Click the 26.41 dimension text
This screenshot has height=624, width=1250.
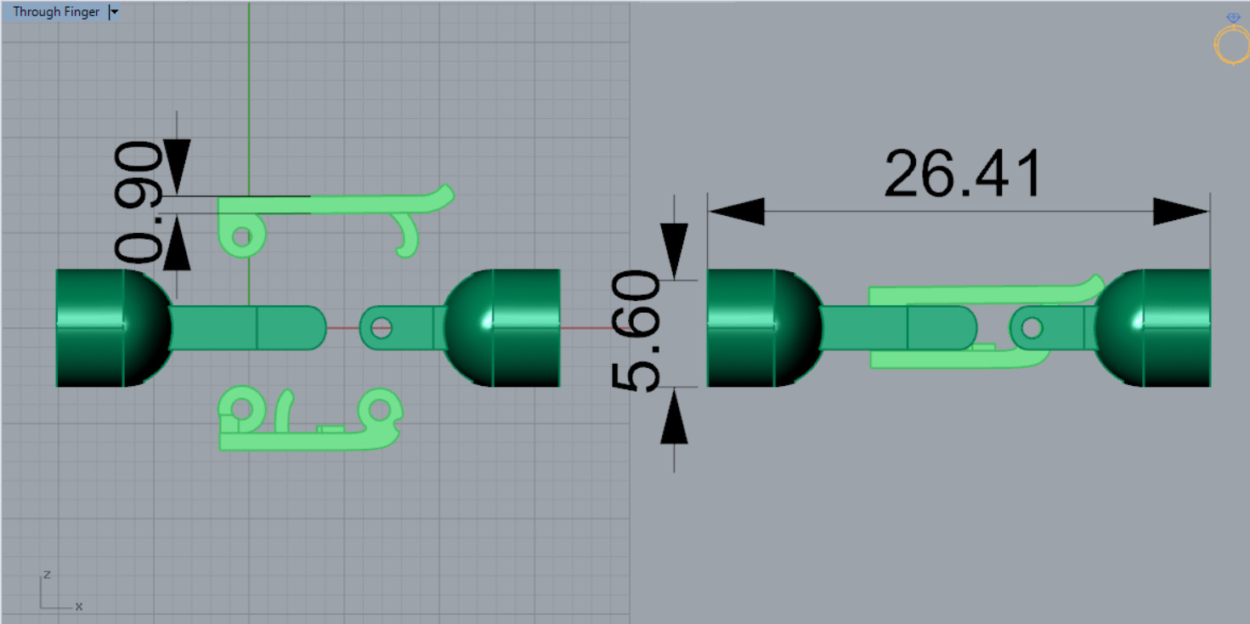[x=962, y=174]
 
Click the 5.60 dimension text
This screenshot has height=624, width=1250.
[x=637, y=331]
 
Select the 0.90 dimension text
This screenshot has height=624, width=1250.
[x=139, y=201]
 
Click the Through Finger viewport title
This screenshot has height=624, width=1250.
[x=55, y=12]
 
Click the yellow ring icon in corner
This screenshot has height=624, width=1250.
[x=1231, y=43]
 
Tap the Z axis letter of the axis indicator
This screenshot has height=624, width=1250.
[x=47, y=575]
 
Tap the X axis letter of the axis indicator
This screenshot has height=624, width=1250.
[x=79, y=606]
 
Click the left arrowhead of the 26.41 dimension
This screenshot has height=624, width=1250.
[x=736, y=212]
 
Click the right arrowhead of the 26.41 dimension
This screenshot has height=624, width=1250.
[x=1181, y=212]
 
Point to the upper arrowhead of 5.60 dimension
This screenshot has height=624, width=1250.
[x=674, y=250]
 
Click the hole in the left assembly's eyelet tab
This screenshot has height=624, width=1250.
[x=381, y=327]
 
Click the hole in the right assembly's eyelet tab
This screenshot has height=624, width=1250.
[x=1032, y=327]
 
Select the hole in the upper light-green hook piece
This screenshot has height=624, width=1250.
[x=242, y=235]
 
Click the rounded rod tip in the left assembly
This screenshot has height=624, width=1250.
[x=314, y=327]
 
